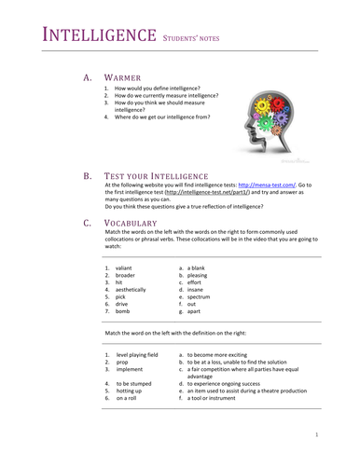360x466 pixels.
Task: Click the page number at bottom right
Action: coord(317,434)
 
